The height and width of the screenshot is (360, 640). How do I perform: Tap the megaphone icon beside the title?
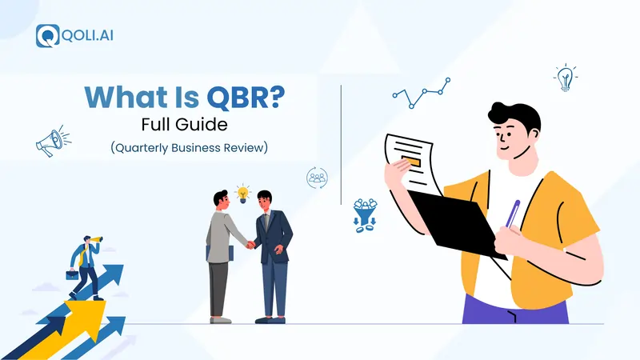coord(48,142)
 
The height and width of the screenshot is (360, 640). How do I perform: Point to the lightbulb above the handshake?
coord(242,192)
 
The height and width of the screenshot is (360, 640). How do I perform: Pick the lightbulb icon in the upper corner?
coord(566,78)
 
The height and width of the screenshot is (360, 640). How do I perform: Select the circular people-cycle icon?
coord(317,178)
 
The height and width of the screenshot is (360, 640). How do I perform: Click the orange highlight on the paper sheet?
coord(413,161)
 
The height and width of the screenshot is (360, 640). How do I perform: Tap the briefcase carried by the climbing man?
coord(72,274)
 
